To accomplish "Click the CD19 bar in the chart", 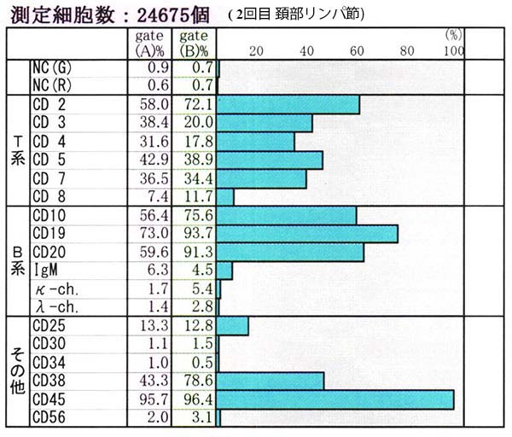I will pyautogui.click(x=308, y=234).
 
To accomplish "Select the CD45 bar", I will pyautogui.click(x=336, y=399).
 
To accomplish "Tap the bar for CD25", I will pyautogui.click(x=233, y=325).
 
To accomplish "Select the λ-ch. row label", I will pyautogui.click(x=55, y=306).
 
